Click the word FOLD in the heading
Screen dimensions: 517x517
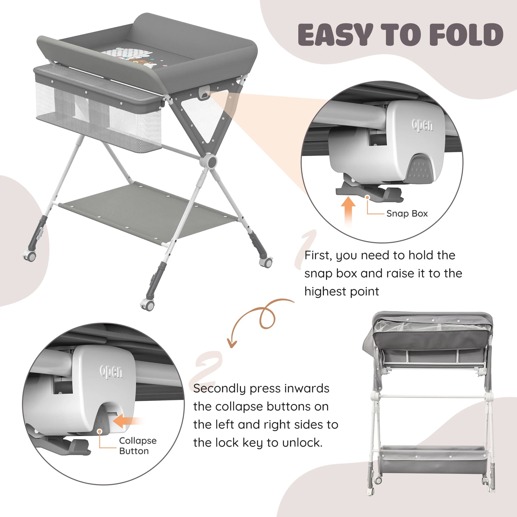click(x=466, y=35)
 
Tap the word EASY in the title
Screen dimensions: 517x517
click(x=336, y=35)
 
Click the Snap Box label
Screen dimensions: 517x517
click(x=407, y=214)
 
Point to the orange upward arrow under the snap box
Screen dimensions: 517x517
click(x=348, y=211)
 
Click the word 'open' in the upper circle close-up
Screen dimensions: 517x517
click(x=422, y=125)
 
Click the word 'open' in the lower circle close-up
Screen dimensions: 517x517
click(x=111, y=371)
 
